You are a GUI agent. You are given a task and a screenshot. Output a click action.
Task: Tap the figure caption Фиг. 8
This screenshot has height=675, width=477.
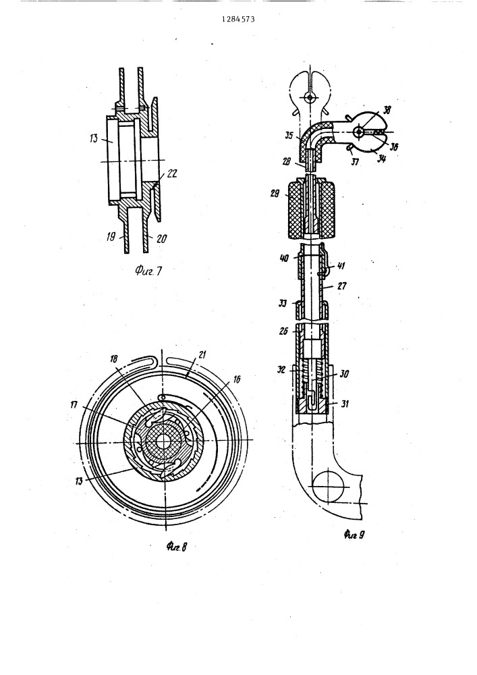177,547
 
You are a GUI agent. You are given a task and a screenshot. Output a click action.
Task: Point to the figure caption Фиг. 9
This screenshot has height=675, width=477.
354,535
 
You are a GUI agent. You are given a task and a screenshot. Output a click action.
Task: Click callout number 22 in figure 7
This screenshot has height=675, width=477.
171,173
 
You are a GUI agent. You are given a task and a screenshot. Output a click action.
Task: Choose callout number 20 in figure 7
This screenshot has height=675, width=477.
161,238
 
